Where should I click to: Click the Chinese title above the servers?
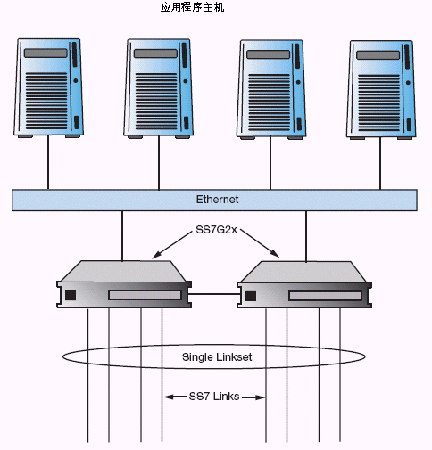pos(193,7)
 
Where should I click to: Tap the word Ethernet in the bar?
pos(217,200)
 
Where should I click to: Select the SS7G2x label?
pos(216,230)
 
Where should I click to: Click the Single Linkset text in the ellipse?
pos(217,356)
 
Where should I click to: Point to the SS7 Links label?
pos(214,397)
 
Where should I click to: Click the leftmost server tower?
pos(48,88)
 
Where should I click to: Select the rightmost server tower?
pos(381,90)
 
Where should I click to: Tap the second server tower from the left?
pos(158,88)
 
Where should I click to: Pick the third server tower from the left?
pos(271,89)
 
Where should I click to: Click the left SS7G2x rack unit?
pos(124,284)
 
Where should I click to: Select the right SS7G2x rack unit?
pos(304,284)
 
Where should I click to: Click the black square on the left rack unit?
pos(71,296)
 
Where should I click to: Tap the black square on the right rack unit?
pos(251,296)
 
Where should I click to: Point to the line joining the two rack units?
pos(214,294)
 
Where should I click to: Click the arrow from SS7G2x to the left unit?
pos(172,245)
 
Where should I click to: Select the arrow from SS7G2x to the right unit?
pos(260,243)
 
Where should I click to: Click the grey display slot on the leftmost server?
pos(46,53)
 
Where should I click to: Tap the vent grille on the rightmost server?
pos(378,102)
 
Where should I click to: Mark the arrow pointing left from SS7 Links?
pos(175,397)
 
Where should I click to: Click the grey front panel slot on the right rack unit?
pos(325,296)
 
